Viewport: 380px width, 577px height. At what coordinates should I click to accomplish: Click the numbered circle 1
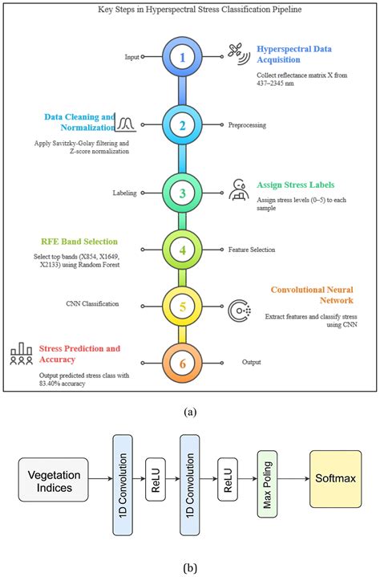[x=182, y=57]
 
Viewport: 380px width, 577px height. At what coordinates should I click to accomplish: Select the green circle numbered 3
[x=182, y=193]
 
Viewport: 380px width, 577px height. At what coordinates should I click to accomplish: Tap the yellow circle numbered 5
[x=182, y=307]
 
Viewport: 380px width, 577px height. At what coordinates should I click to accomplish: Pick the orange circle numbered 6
[x=182, y=364]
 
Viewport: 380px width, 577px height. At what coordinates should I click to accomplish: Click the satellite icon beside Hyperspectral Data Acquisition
[x=239, y=54]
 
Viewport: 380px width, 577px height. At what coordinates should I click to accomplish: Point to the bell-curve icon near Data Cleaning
[x=126, y=124]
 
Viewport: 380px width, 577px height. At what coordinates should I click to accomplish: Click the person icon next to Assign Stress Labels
[x=239, y=190]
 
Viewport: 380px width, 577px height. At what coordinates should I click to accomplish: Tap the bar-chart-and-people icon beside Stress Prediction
[x=22, y=354]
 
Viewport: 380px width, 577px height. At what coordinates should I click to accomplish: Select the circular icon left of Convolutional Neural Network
[x=239, y=311]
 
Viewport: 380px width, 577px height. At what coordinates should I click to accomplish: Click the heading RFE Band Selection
[x=79, y=242]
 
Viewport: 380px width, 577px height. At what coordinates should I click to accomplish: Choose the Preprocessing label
[x=247, y=125]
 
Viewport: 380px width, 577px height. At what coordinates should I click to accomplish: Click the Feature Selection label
[x=252, y=250]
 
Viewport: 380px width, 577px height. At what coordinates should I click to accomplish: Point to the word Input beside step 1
[x=132, y=57]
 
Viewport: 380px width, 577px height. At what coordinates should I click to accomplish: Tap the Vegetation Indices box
[x=53, y=480]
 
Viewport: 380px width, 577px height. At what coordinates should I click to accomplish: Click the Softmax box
[x=336, y=479]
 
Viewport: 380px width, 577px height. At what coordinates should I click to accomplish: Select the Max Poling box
[x=267, y=484]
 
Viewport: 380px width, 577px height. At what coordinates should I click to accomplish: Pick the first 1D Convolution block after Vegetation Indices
[x=123, y=485]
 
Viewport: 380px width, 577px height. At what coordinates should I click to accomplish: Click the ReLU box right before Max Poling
[x=228, y=479]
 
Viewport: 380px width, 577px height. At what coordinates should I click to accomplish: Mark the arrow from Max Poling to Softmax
[x=293, y=479]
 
